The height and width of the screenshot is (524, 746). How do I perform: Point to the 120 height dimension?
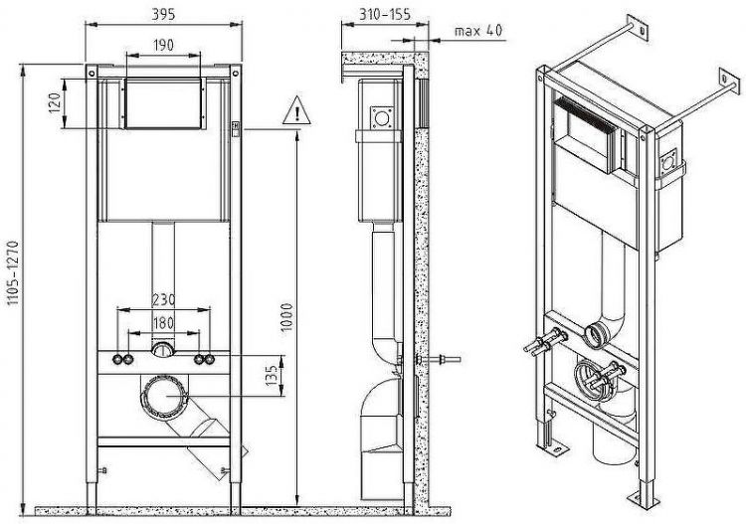pyautogui.click(x=56, y=100)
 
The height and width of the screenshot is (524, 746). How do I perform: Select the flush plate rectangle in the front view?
pyautogui.click(x=164, y=100)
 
